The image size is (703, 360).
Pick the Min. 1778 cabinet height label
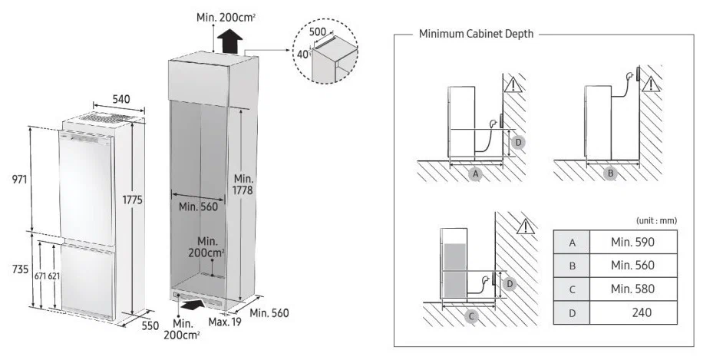coord(243,183)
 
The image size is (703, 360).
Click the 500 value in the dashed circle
coord(317,32)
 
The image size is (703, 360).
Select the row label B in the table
coord(572,266)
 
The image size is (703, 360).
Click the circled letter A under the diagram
coord(476,174)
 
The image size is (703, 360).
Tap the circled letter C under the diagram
coord(472,315)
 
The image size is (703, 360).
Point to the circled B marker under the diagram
coord(611,174)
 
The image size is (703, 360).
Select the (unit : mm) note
coord(656,220)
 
